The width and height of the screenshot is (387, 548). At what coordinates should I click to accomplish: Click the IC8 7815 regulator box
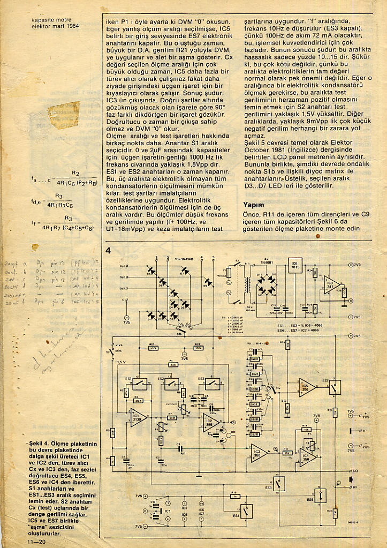[x=294, y=266]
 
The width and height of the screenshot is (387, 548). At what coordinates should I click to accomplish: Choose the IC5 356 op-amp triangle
[x=307, y=386]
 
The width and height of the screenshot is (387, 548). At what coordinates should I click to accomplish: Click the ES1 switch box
[x=141, y=383]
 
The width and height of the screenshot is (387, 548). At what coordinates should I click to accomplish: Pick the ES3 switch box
[x=210, y=383]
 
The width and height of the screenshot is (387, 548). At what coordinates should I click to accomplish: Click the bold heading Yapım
[x=254, y=204]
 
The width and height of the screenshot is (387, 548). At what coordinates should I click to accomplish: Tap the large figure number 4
[x=108, y=251]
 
